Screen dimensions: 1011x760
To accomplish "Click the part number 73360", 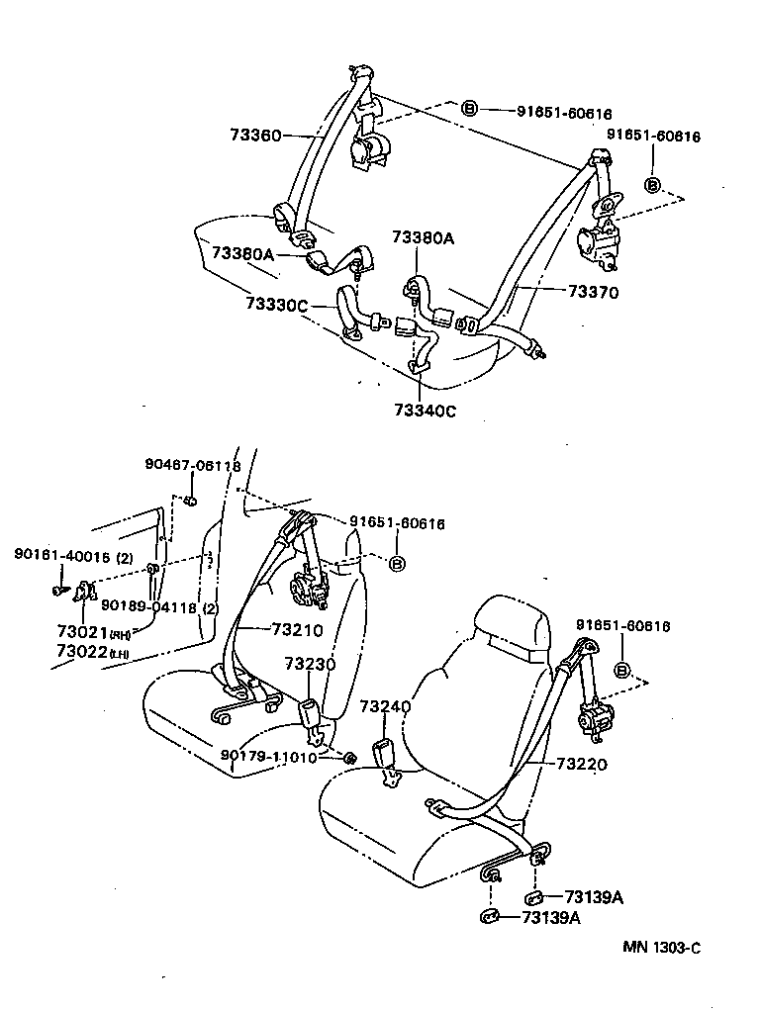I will click(x=255, y=136).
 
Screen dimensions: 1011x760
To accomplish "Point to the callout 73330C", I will click(x=278, y=305).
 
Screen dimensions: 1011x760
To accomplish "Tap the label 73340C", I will click(x=425, y=411).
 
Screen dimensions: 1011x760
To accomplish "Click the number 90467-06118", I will click(x=192, y=466).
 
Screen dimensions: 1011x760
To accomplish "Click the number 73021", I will click(x=82, y=632).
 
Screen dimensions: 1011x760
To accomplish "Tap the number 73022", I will click(x=82, y=651).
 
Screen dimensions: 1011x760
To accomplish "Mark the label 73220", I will click(x=581, y=764).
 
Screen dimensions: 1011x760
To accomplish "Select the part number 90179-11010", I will click(x=268, y=758).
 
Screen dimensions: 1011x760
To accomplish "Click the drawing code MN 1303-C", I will click(x=662, y=947).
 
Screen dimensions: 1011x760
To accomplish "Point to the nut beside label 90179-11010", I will click(x=349, y=758).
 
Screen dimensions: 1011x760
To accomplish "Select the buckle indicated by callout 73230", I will click(x=310, y=716).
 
